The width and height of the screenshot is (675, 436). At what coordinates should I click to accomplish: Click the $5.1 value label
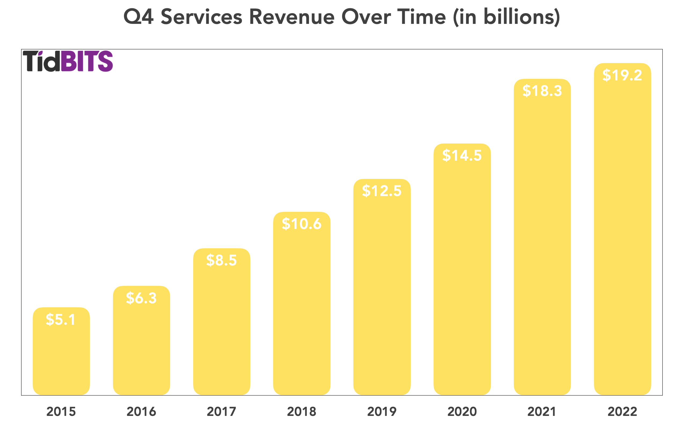click(61, 320)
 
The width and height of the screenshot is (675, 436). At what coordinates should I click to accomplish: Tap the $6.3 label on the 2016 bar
click(141, 298)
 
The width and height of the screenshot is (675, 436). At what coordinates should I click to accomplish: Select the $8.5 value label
click(221, 260)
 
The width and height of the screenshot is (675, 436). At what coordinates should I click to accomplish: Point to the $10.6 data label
click(301, 224)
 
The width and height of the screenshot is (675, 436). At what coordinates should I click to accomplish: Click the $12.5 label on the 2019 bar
click(381, 191)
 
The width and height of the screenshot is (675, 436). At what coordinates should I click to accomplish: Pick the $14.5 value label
click(462, 156)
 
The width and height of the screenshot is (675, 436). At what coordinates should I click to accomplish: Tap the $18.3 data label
click(542, 91)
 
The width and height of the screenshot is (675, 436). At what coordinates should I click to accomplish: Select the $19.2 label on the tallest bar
click(622, 75)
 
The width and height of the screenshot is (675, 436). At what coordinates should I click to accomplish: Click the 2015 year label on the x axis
click(61, 412)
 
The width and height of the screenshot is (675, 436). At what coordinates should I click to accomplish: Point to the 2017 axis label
click(221, 412)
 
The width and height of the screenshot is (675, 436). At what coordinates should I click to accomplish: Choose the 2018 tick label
click(301, 412)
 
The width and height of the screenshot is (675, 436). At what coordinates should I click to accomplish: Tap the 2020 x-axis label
click(462, 412)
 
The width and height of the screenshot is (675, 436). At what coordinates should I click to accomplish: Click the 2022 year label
click(622, 412)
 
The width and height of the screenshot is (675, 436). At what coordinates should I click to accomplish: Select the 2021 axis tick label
click(542, 412)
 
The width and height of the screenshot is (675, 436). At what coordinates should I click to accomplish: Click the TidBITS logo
click(68, 61)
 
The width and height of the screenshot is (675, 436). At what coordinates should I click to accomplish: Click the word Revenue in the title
click(292, 17)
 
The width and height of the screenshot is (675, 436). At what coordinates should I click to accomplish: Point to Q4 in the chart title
click(138, 17)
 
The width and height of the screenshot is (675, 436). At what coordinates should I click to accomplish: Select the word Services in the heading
click(201, 17)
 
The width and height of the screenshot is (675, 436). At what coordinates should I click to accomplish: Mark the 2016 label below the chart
click(141, 412)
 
